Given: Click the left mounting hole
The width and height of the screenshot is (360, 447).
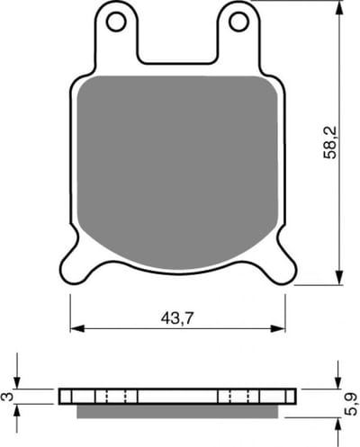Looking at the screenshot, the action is pos(116,22).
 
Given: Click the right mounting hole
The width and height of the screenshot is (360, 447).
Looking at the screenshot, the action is pos(238,22).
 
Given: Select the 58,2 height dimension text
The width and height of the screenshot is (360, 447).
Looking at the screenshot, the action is pos(330,143).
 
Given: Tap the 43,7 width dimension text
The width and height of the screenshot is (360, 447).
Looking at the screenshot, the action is pos(177,318).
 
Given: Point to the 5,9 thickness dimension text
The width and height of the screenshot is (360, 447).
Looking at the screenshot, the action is pos(351,404).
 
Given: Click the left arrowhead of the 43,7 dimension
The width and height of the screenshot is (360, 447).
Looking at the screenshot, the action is pos(77,328).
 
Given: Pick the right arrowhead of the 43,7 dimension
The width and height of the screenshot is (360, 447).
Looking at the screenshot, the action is pos(278,328).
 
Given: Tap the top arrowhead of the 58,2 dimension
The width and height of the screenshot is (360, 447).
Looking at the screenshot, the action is pos(339,7).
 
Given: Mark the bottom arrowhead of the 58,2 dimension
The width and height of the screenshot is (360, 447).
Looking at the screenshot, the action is pos(339,278).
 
